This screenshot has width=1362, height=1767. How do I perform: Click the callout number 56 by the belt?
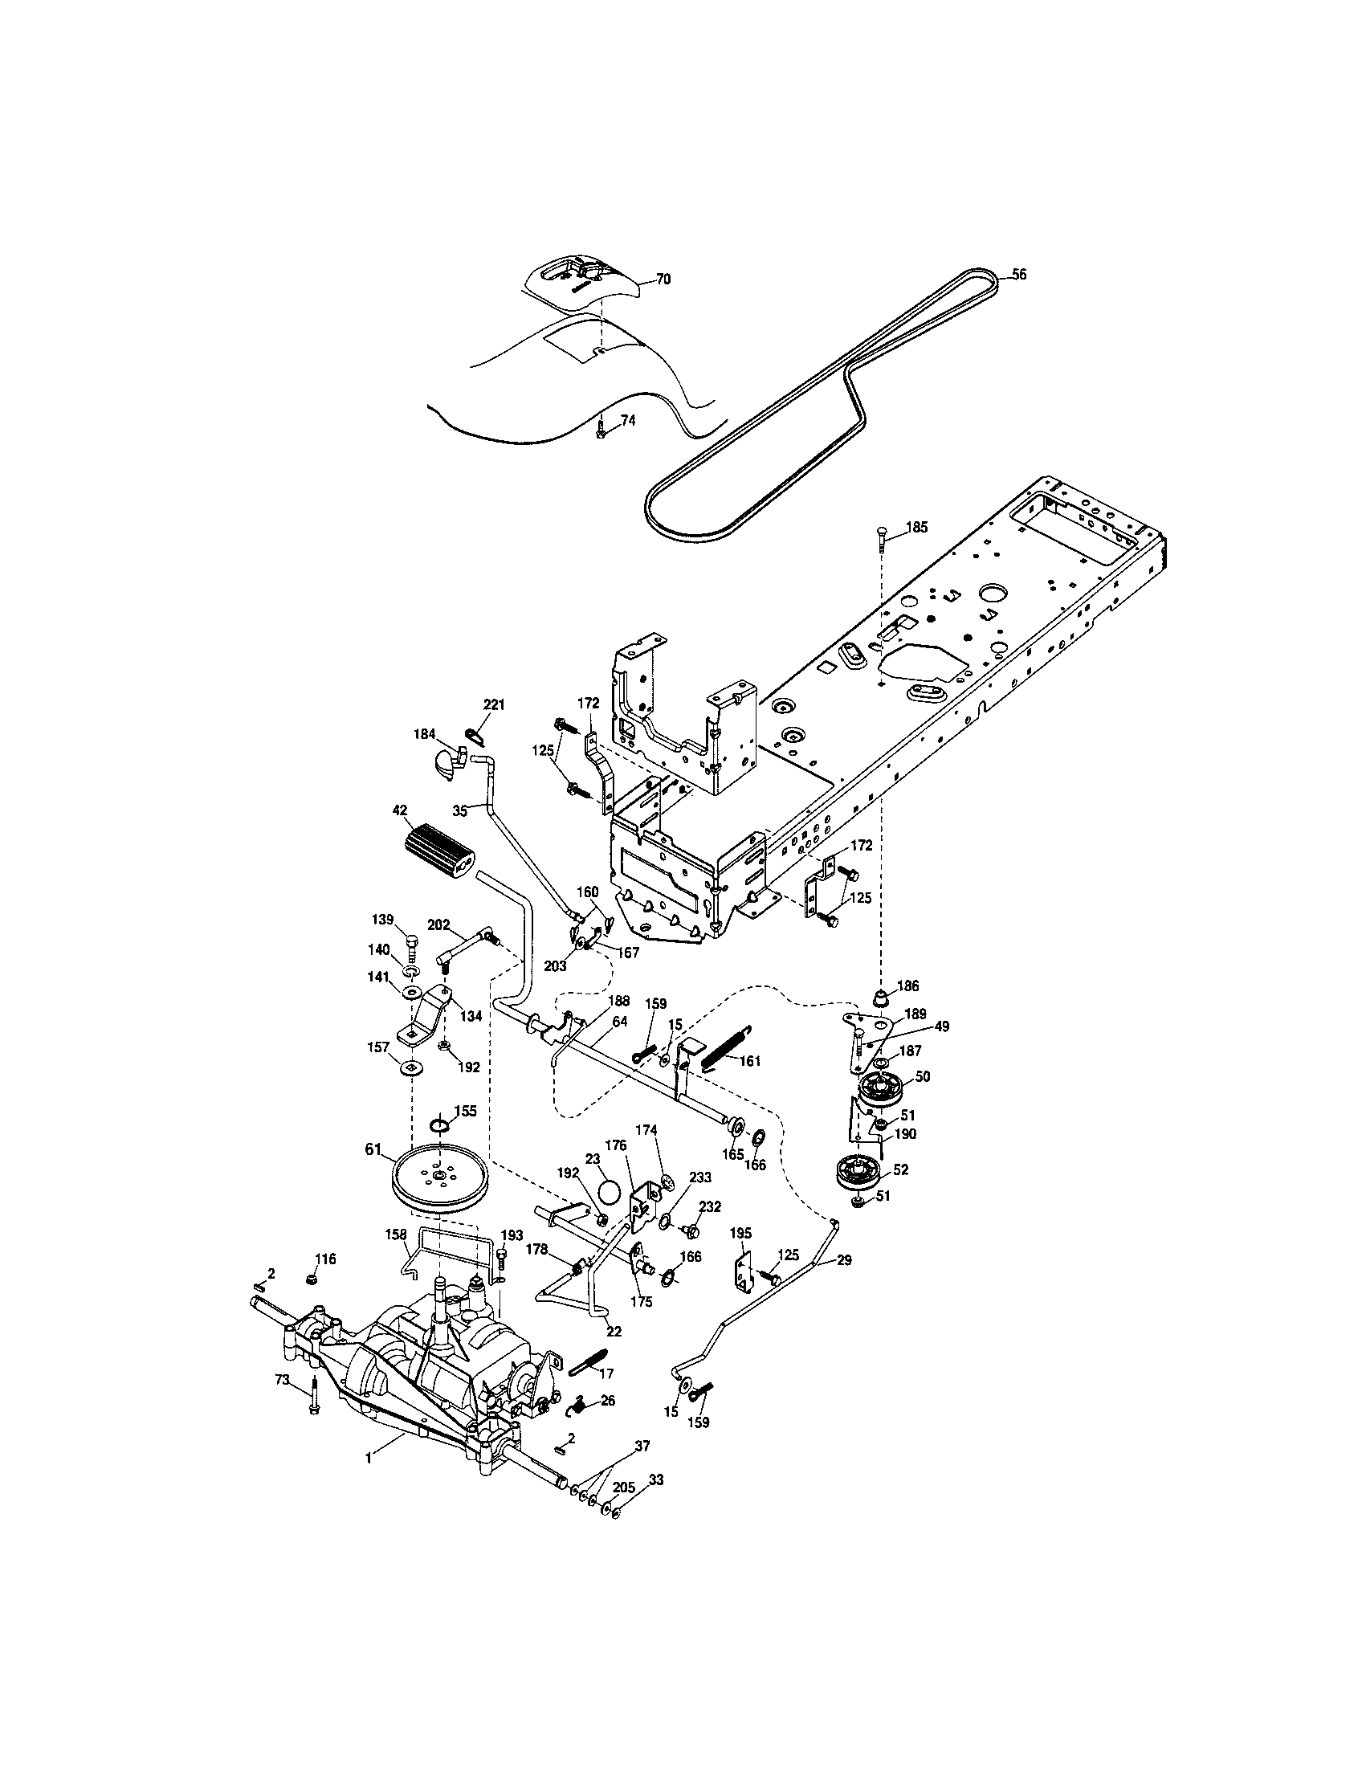pos(1019,274)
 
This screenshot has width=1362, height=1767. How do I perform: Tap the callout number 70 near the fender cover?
pos(663,280)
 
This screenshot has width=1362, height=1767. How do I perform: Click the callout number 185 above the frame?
pos(916,527)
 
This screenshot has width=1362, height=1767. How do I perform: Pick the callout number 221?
pos(493,704)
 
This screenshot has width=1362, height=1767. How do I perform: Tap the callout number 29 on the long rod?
pos(842,1260)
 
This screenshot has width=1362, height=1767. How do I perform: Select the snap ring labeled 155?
pos(439,1125)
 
